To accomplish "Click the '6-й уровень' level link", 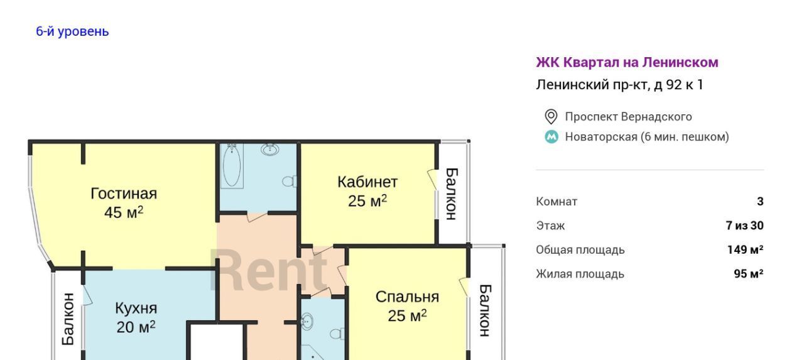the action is point(72,31).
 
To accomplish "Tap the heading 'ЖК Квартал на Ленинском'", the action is point(627,62).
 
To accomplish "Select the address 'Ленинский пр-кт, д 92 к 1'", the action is point(619,85).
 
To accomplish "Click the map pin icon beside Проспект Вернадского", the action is point(551,117).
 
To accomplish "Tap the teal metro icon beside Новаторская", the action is point(551,137).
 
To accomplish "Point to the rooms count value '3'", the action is point(760,201).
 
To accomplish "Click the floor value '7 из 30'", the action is point(744,226).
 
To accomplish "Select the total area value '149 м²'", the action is point(745,249).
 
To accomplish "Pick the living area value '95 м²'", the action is point(748,273).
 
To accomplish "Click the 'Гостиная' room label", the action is point(124,194).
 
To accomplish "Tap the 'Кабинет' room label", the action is point(367,182).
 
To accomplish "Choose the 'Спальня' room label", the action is point(407,297).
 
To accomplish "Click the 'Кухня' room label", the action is point(136,308).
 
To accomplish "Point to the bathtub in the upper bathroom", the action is point(232,166).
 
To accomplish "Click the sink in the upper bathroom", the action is point(270,149).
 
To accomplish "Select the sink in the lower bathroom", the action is point(306,321).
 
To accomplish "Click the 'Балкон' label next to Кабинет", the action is point(451,194).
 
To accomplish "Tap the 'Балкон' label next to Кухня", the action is point(68,319).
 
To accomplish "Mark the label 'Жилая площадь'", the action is point(580,274).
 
